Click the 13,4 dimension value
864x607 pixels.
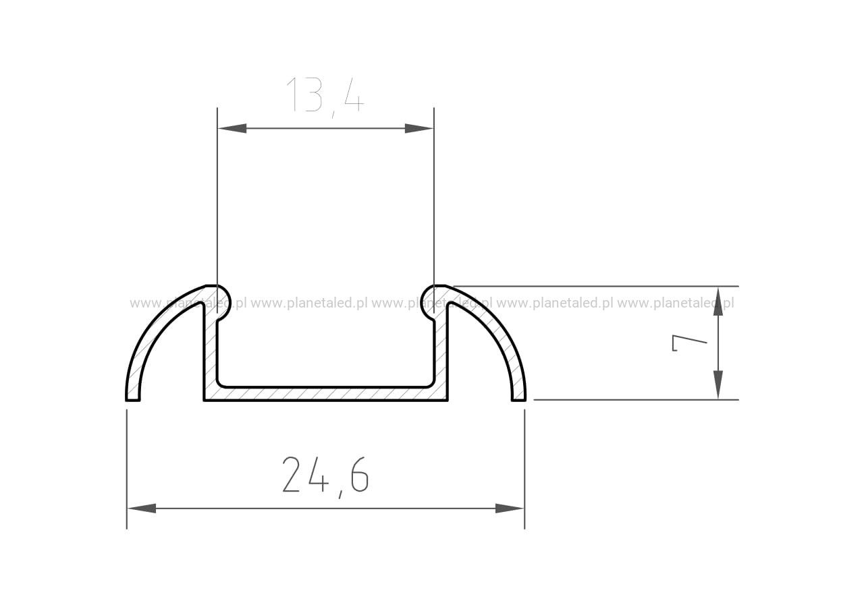pyautogui.click(x=325, y=96)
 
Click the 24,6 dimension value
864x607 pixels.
pyautogui.click(x=325, y=477)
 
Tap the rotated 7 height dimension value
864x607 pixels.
pyautogui.click(x=690, y=343)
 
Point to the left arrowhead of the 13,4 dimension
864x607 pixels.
pyautogui.click(x=232, y=128)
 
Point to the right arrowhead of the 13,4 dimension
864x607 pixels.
pyautogui.click(x=419, y=128)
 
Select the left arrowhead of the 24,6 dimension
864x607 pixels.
pyautogui.click(x=142, y=509)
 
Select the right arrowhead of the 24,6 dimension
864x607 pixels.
pyautogui.click(x=510, y=509)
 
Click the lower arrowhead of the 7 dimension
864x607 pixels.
pyautogui.click(x=718, y=384)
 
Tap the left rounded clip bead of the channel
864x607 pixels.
pyautogui.click(x=222, y=301)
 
